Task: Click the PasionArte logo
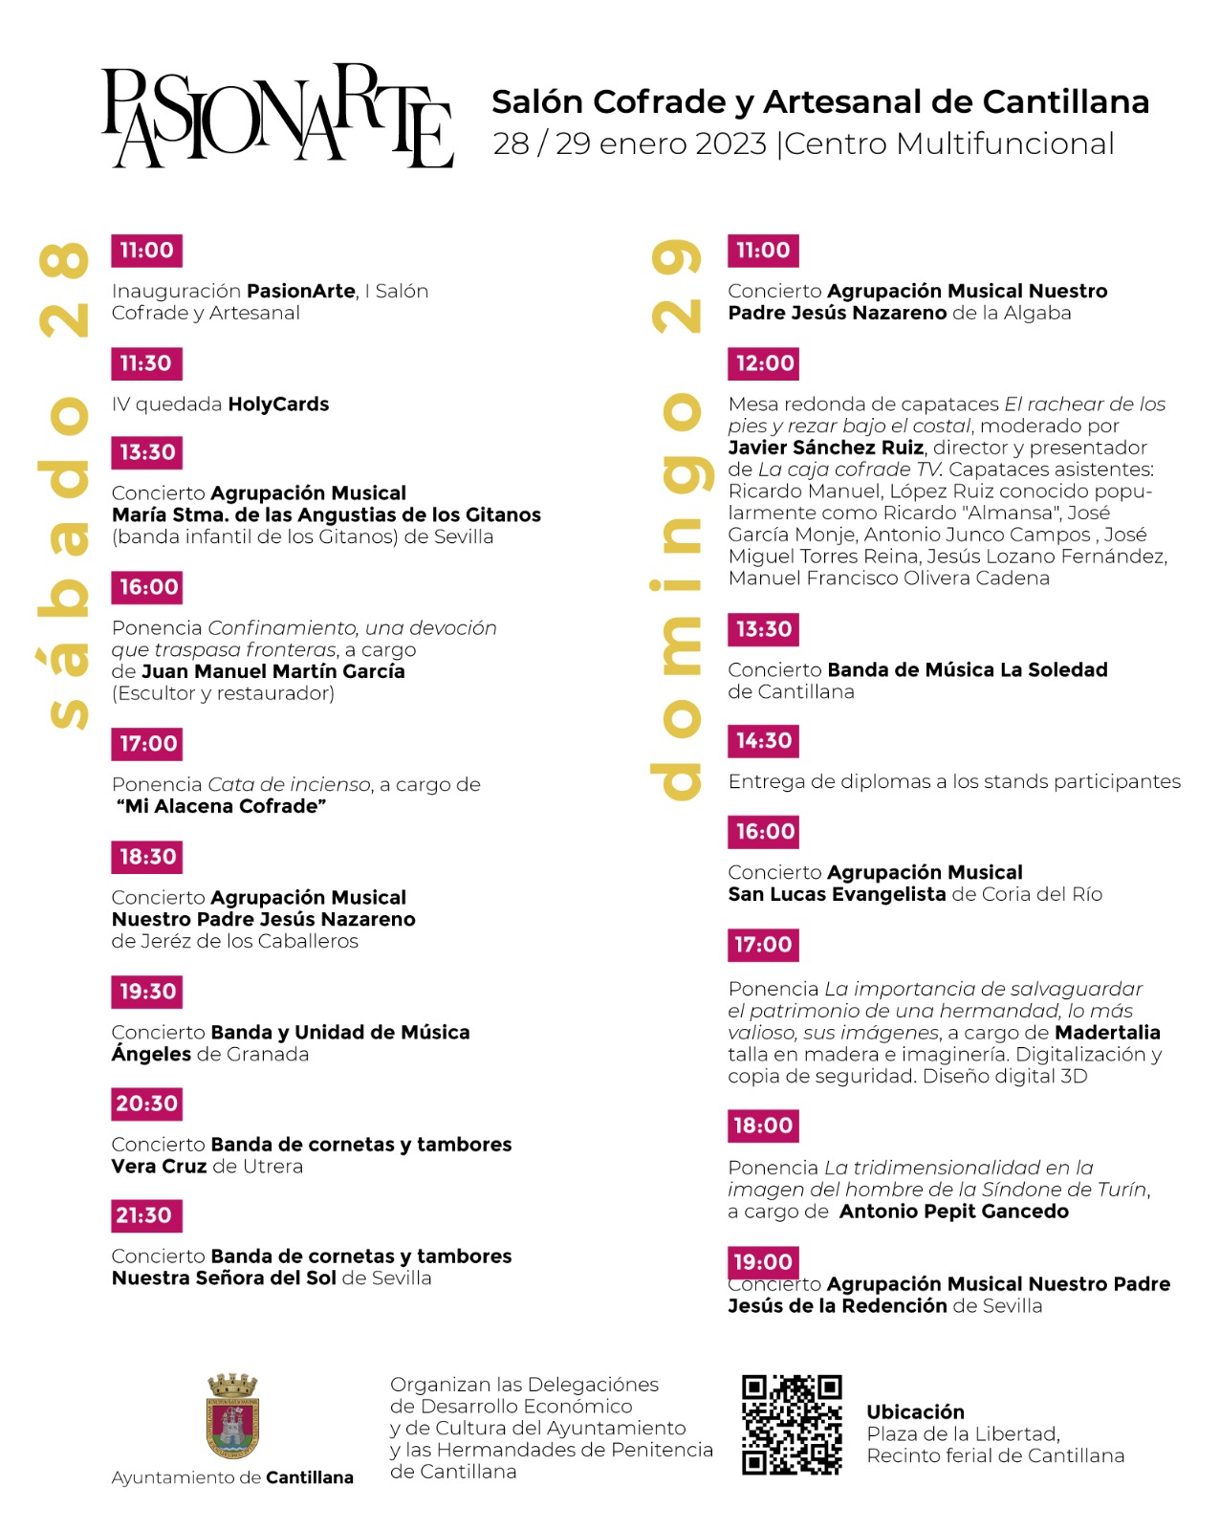click(x=277, y=117)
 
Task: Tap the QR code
click(x=792, y=1424)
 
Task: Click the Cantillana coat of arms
click(x=233, y=1416)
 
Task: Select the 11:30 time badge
click(x=146, y=363)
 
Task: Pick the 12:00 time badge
click(x=764, y=363)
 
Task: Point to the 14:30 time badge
click(x=764, y=740)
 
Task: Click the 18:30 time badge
click(x=147, y=857)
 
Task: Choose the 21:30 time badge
click(x=145, y=1215)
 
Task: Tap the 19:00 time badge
click(x=762, y=1261)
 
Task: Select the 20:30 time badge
click(x=146, y=1104)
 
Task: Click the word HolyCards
click(x=278, y=404)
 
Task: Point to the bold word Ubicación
click(x=915, y=1412)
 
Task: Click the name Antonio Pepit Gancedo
click(x=953, y=1212)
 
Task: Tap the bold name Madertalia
click(x=1107, y=1033)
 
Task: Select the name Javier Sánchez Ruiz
click(x=825, y=448)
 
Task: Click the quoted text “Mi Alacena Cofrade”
click(x=221, y=806)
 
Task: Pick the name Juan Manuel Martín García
click(x=272, y=671)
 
